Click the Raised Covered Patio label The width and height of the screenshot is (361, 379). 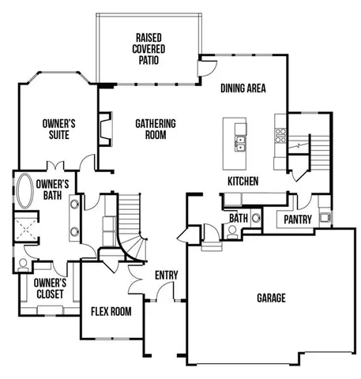tap(150, 47)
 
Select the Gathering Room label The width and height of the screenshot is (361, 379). tap(155, 129)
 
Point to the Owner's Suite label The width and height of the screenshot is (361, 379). tap(58, 129)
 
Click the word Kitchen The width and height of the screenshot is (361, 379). tap(243, 182)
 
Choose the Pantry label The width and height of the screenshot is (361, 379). tap(297, 220)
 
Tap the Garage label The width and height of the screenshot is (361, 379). tap(271, 298)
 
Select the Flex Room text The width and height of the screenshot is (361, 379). tap(111, 311)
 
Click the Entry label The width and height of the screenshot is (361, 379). tap(167, 275)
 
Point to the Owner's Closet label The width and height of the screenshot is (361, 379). tap(50, 287)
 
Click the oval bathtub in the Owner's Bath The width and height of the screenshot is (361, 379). tap(24, 194)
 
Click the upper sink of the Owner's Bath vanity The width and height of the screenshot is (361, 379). tap(75, 205)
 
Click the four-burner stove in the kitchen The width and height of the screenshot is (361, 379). tap(280, 134)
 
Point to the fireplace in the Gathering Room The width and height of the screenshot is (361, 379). tap(103, 129)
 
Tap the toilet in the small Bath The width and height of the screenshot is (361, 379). tap(231, 232)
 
